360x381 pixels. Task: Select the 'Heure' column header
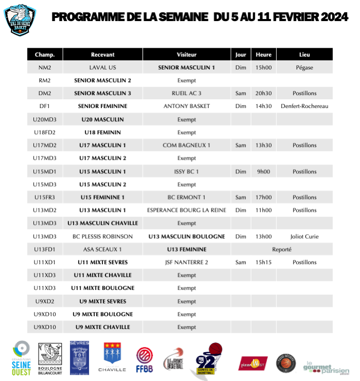point(263,55)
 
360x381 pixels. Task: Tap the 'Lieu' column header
point(304,55)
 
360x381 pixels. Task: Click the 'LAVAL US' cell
point(102,67)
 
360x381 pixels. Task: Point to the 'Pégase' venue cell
point(304,67)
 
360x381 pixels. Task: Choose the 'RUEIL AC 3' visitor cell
point(186,94)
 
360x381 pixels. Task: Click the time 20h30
point(263,94)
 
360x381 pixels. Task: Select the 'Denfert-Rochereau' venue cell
point(304,106)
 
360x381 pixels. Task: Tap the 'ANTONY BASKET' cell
point(186,106)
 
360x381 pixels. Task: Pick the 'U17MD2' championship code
point(44,146)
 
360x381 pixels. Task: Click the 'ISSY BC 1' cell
point(186,171)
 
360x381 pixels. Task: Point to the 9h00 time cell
point(263,171)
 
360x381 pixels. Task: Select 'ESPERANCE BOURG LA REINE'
point(186,210)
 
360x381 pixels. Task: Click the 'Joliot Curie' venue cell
point(304,237)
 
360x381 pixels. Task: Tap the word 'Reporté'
point(281,249)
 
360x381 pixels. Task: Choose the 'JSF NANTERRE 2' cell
point(186,262)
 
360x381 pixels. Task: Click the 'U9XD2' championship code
point(44,301)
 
